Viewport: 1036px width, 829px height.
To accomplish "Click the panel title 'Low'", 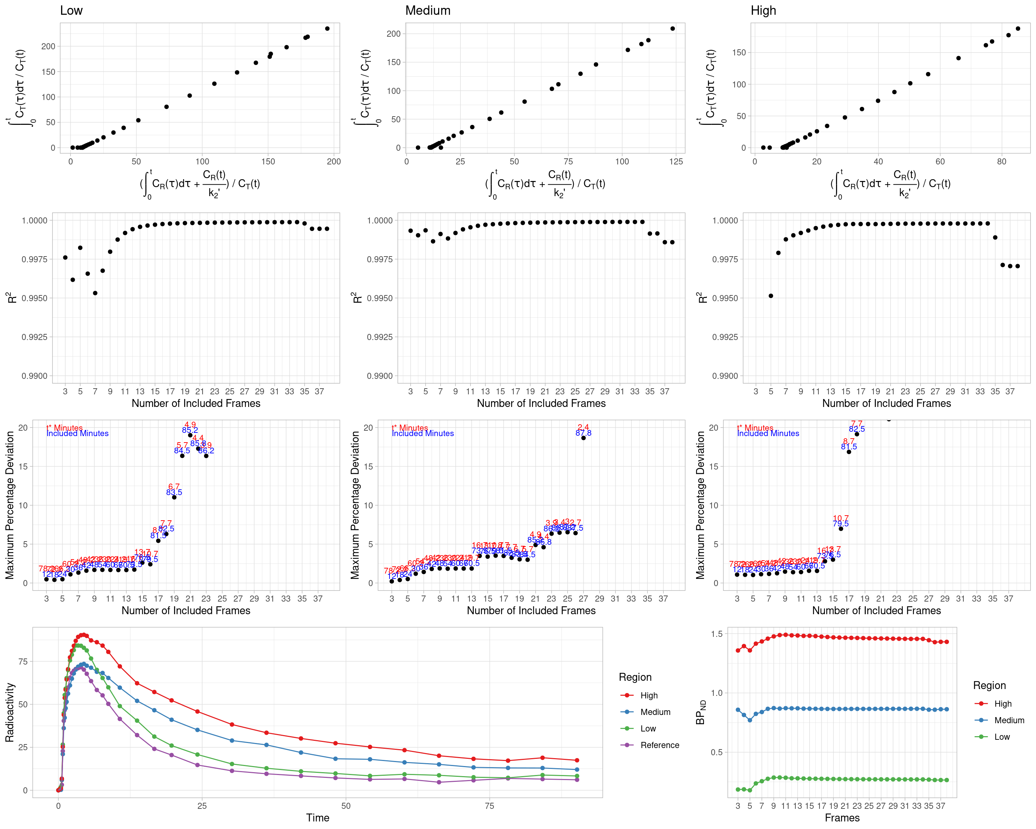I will [x=71, y=10].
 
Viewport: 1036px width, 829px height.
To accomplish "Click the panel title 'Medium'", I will [x=428, y=10].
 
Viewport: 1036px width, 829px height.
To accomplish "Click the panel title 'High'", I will [x=763, y=10].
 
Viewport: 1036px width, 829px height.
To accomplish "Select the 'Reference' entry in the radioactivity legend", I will [x=659, y=745].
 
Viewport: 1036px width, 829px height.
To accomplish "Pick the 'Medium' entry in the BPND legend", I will [x=1009, y=720].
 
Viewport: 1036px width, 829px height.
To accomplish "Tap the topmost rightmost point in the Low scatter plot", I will [x=327, y=29].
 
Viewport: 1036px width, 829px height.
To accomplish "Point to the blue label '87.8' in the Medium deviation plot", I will [x=583, y=433].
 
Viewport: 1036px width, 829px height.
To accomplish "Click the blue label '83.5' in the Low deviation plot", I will [x=174, y=492].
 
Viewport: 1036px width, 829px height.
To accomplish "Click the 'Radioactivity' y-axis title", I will [x=10, y=712].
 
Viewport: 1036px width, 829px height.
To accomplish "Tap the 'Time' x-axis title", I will [x=318, y=817].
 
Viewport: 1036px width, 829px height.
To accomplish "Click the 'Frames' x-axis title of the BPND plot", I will [x=842, y=817].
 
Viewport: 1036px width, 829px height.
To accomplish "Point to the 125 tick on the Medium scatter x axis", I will [x=676, y=162].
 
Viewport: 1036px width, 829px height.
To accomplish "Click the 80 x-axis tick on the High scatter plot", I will [x=1001, y=162].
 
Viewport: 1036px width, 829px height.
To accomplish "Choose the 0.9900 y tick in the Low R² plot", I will [x=35, y=376].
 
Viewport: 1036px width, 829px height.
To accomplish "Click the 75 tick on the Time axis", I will [x=489, y=806].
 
